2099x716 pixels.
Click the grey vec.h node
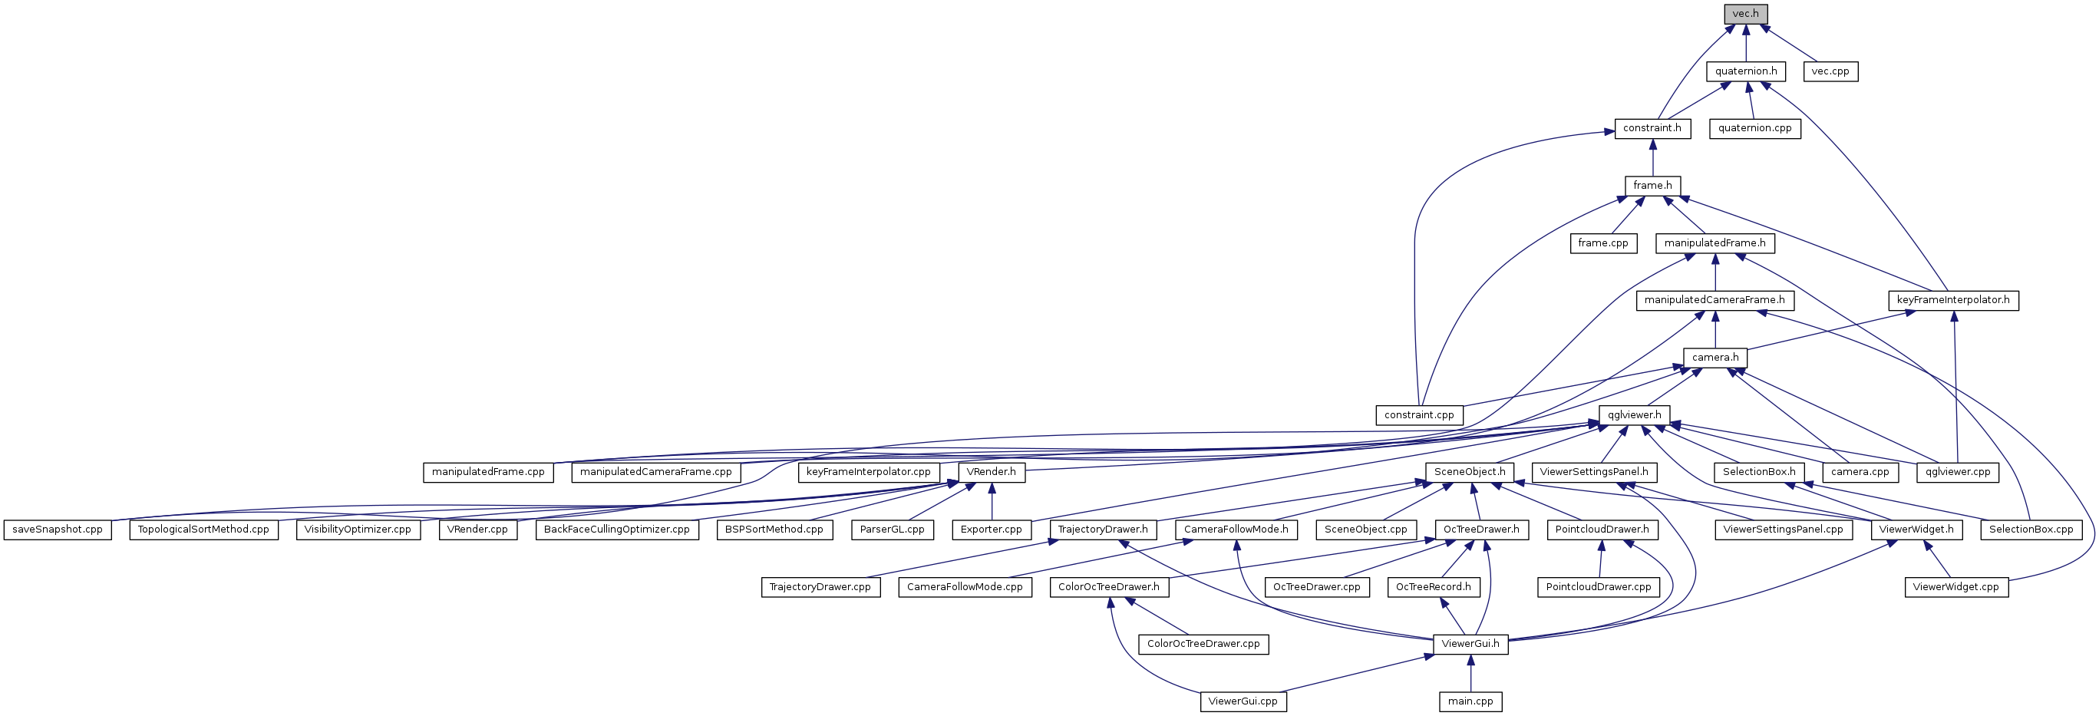[1745, 14]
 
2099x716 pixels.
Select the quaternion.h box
[1745, 71]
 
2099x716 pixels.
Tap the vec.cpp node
[1830, 71]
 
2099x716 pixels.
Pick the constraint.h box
[1652, 128]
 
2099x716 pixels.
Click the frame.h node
[1652, 186]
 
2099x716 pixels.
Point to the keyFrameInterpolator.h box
[1953, 300]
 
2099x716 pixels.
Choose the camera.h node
[1715, 357]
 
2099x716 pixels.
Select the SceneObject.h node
[1470, 472]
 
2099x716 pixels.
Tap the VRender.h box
[991, 472]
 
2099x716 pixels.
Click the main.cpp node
[1470, 701]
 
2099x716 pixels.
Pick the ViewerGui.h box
[1470, 644]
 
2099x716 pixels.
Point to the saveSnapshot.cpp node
[57, 530]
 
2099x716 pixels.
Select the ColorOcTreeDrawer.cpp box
[1203, 644]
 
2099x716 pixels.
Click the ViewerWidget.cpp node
[1955, 586]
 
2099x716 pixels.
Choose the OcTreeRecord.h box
[1434, 586]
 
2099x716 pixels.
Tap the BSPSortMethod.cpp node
[774, 530]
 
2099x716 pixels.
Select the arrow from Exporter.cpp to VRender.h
[991, 501]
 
